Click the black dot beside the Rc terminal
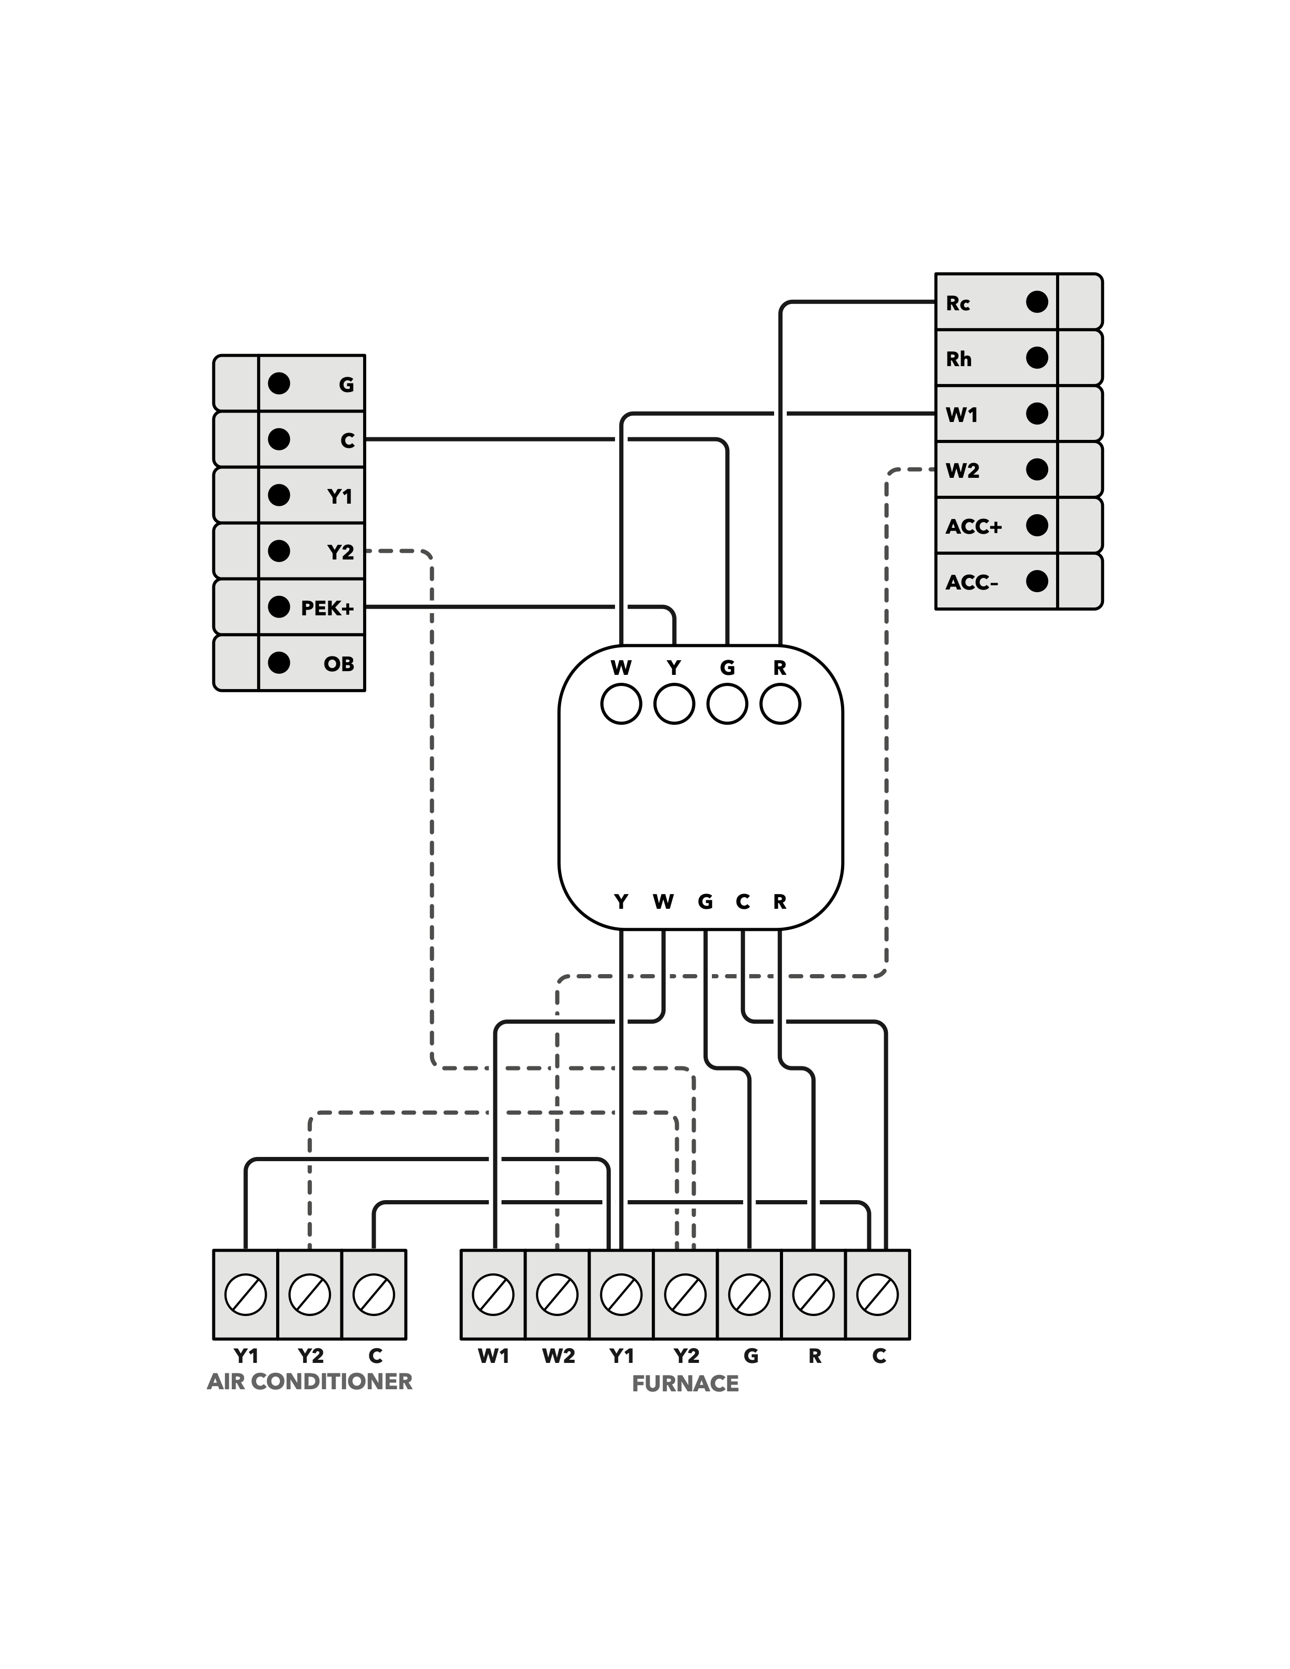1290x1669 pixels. click(1037, 302)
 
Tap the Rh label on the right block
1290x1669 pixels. click(959, 358)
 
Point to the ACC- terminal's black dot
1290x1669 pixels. click(1037, 582)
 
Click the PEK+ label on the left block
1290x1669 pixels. click(327, 608)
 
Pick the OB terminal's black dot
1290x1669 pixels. click(279, 663)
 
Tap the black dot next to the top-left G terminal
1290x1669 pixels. click(279, 384)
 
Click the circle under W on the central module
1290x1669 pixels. click(621, 704)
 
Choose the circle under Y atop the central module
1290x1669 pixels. click(674, 704)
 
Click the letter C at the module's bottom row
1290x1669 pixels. click(742, 902)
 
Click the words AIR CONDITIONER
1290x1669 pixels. click(309, 1382)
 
